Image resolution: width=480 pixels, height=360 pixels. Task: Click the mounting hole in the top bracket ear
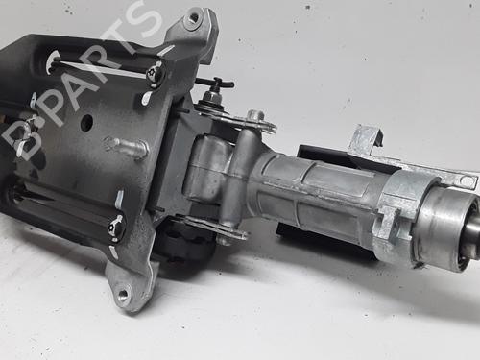point(194,18)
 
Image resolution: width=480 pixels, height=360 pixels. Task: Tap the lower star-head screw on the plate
point(115,228)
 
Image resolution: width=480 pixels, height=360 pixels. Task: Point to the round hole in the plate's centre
point(86,122)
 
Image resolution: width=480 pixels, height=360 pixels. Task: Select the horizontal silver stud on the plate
point(126,147)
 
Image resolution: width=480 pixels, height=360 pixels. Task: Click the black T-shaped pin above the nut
point(215,83)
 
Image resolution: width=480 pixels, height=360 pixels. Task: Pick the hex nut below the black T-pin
point(211,96)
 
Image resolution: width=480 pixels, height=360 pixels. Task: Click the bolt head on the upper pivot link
point(255,115)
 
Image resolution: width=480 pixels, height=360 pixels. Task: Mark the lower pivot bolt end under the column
point(225,239)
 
